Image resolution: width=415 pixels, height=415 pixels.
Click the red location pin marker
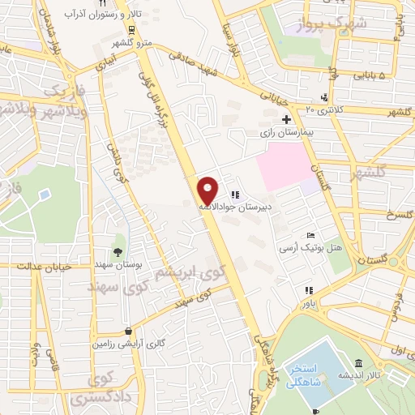tap(208, 190)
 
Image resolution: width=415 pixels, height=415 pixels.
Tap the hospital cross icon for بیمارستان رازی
tap(285, 119)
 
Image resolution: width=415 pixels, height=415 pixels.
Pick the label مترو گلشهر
tap(130, 41)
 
